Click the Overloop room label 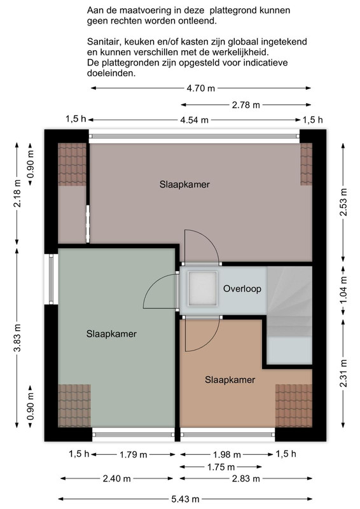tap(242, 289)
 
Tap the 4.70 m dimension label tap(200, 88)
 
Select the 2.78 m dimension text tap(246, 105)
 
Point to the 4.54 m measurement tap(194, 120)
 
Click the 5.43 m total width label tap(185, 499)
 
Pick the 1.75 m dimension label tap(221, 467)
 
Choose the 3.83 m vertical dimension tap(17, 338)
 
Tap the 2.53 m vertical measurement tap(343, 202)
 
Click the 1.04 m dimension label tap(343, 290)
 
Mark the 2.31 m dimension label tap(343, 373)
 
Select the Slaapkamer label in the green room tap(111, 333)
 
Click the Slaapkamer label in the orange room tap(230, 380)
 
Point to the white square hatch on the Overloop tap(202, 289)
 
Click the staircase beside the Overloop tap(289, 315)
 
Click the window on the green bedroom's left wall tap(51, 279)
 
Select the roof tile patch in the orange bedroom tap(294, 406)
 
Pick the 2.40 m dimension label tap(116, 478)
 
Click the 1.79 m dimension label tap(134, 455)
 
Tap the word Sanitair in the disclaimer tap(103, 42)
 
